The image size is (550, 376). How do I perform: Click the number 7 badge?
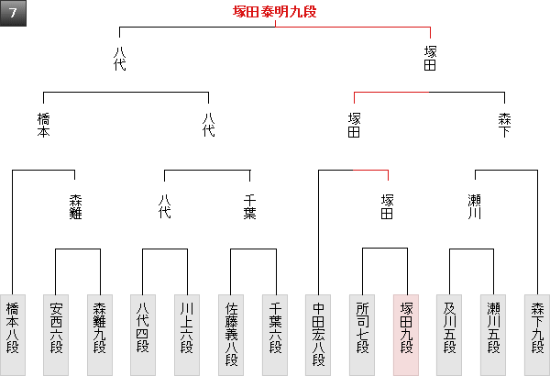14,14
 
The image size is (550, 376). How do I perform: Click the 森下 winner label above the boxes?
505,126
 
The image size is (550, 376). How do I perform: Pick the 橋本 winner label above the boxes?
43,126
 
